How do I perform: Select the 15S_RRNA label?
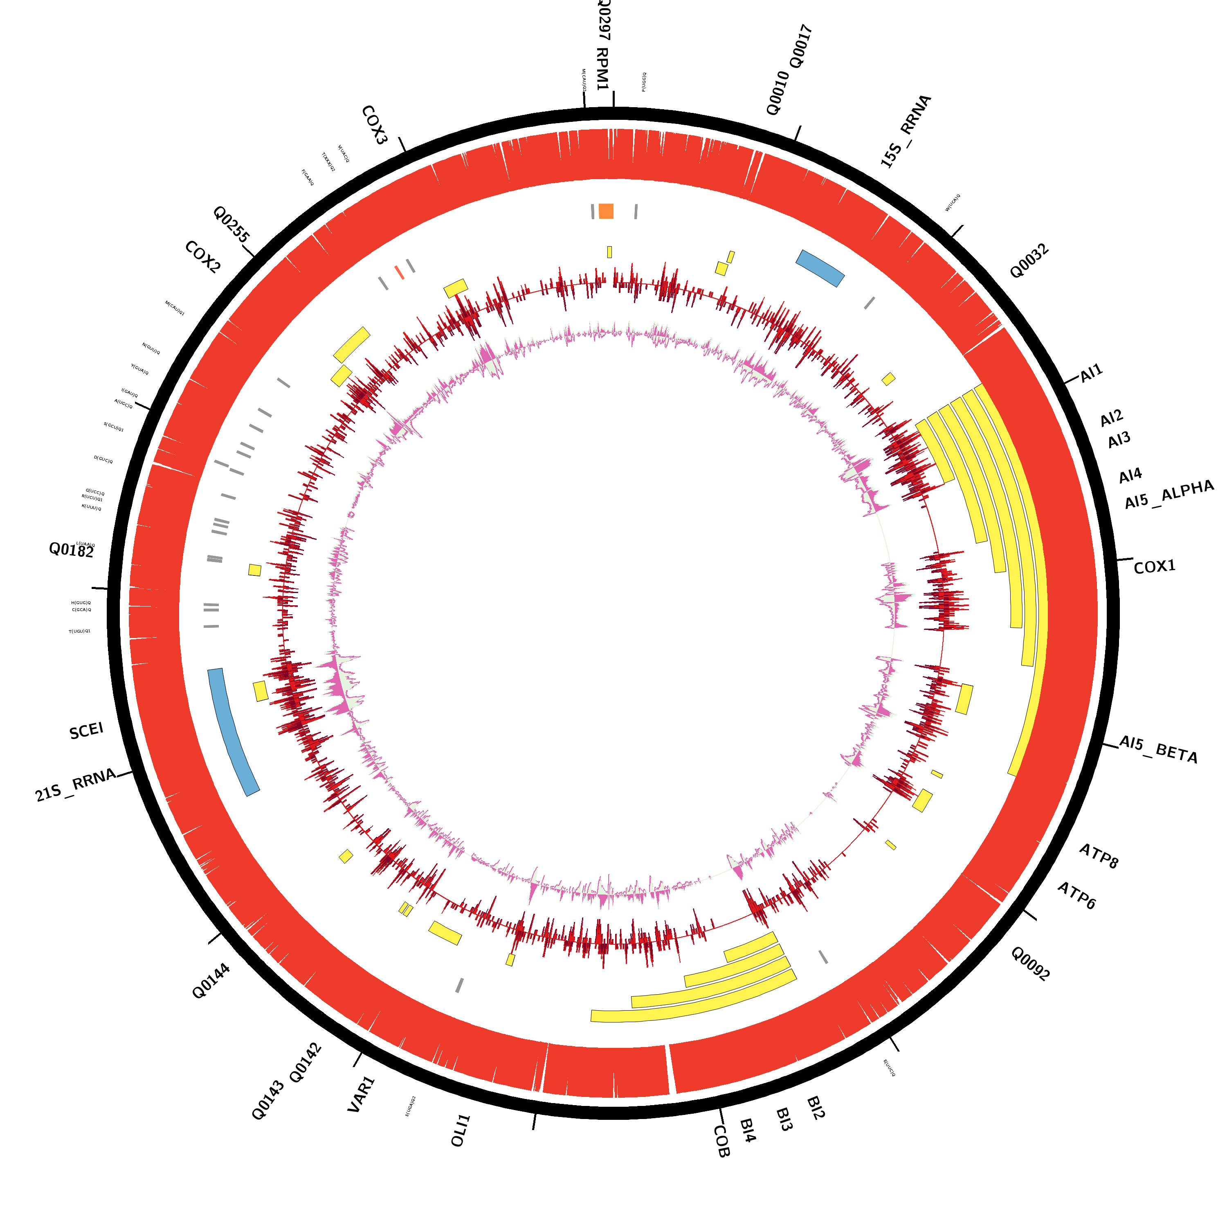click(906, 131)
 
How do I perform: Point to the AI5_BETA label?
click(1158, 749)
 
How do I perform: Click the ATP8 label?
click(1099, 856)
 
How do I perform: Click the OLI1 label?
click(461, 1130)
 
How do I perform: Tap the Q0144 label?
click(211, 981)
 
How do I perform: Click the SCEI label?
click(86, 731)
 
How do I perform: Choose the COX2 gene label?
click(202, 257)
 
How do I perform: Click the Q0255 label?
click(231, 224)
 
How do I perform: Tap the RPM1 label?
click(602, 69)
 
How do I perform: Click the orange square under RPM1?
click(606, 211)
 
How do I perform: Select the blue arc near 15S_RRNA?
click(820, 268)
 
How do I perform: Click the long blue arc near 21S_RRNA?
click(233, 732)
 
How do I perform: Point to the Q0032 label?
click(1029, 261)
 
